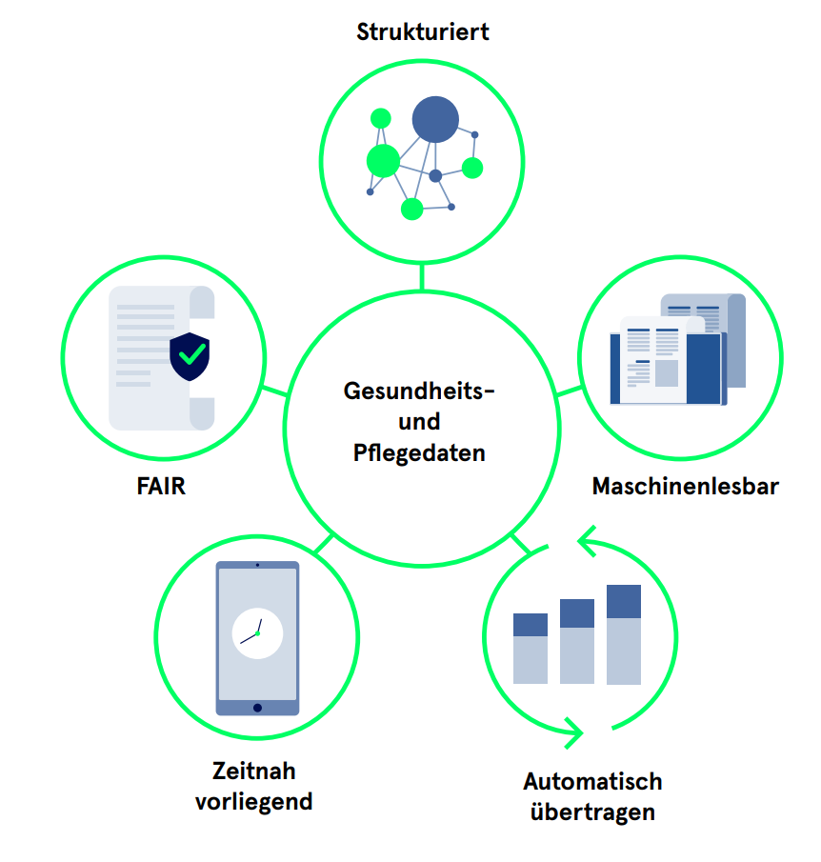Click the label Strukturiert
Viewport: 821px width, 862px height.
(x=422, y=31)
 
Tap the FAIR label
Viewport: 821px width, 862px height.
(x=160, y=487)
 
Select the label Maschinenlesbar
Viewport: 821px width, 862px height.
(x=685, y=487)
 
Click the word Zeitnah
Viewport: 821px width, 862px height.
(x=253, y=771)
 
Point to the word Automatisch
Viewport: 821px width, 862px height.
(x=592, y=782)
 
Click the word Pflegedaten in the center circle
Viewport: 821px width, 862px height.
(x=419, y=451)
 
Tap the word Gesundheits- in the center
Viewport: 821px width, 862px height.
(x=419, y=391)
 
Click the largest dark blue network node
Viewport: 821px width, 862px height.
(x=435, y=120)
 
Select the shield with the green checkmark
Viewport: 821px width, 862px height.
(x=190, y=356)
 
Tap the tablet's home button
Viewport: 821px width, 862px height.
(x=257, y=708)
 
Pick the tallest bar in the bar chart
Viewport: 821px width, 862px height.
(x=624, y=634)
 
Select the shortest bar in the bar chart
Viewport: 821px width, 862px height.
(x=531, y=649)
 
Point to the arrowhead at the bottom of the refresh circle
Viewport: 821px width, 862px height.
(x=574, y=732)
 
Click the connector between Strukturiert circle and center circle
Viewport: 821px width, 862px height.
(x=421, y=276)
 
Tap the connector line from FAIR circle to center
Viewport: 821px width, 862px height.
(x=273, y=391)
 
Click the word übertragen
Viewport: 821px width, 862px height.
(x=592, y=812)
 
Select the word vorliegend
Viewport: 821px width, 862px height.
(x=253, y=801)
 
